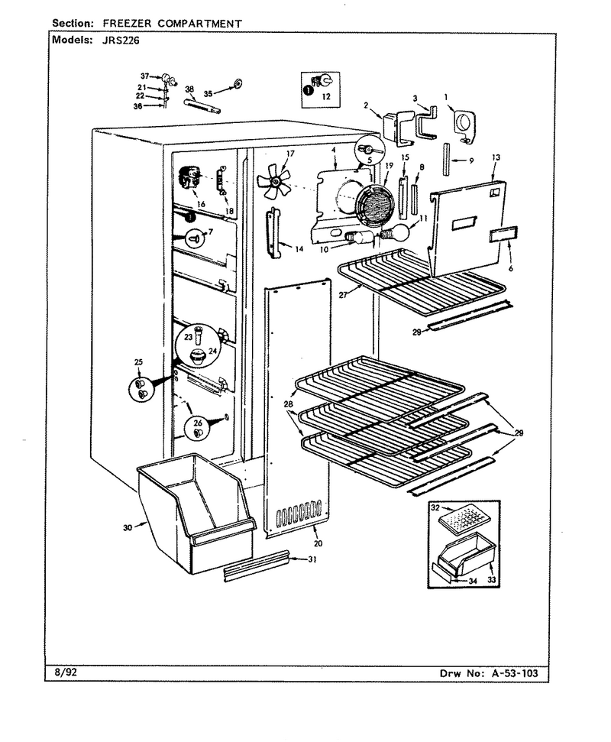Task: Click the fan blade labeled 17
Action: pyautogui.click(x=273, y=181)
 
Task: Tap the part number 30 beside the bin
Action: pyautogui.click(x=128, y=527)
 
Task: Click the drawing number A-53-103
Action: pyautogui.click(x=515, y=673)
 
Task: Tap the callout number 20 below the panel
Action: pyautogui.click(x=318, y=543)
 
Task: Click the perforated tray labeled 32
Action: pyautogui.click(x=463, y=520)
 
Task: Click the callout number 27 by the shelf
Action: pyautogui.click(x=344, y=295)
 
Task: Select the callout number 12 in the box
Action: pyautogui.click(x=326, y=97)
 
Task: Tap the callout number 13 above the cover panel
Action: pyautogui.click(x=496, y=157)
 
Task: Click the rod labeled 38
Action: pyautogui.click(x=202, y=105)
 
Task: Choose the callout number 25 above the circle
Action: pyautogui.click(x=138, y=362)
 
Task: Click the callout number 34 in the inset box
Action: pyautogui.click(x=473, y=582)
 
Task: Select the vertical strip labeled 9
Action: pyautogui.click(x=445, y=160)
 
